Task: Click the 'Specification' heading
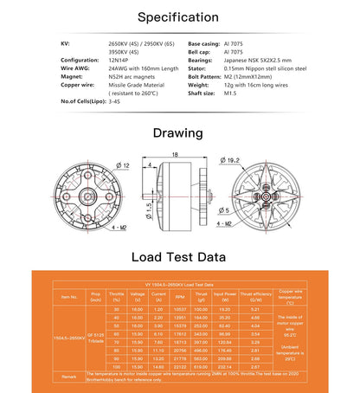(179, 16)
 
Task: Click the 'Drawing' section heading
(179, 133)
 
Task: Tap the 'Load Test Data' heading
(179, 257)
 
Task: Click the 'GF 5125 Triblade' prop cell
(95, 338)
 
